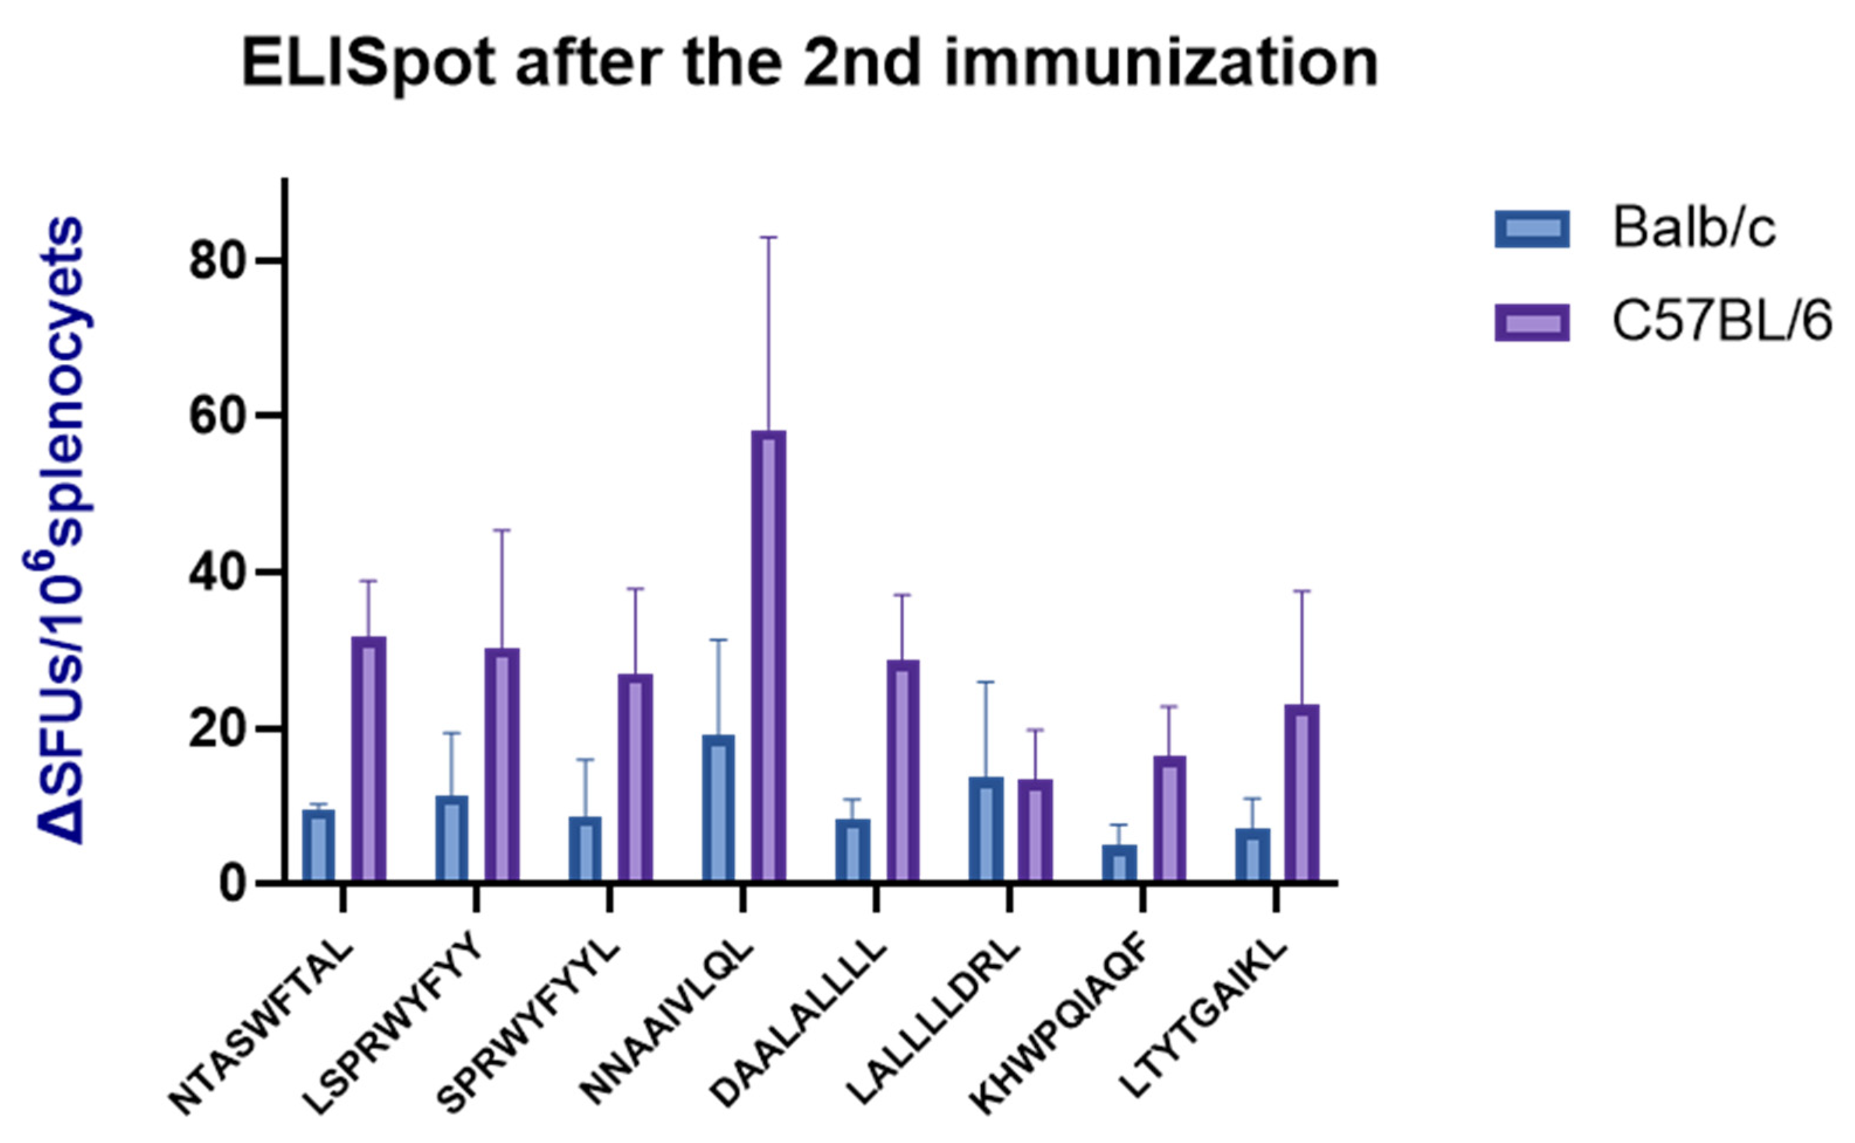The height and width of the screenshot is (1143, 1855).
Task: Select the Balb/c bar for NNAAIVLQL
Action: (718, 808)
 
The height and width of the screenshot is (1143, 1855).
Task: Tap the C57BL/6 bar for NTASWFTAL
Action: (369, 759)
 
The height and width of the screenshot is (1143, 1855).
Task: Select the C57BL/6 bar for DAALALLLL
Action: (903, 771)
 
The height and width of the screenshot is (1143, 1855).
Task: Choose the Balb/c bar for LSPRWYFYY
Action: (452, 838)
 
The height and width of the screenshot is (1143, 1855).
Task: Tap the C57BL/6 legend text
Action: (1722, 322)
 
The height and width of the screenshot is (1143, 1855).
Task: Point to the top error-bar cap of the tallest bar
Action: (768, 237)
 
